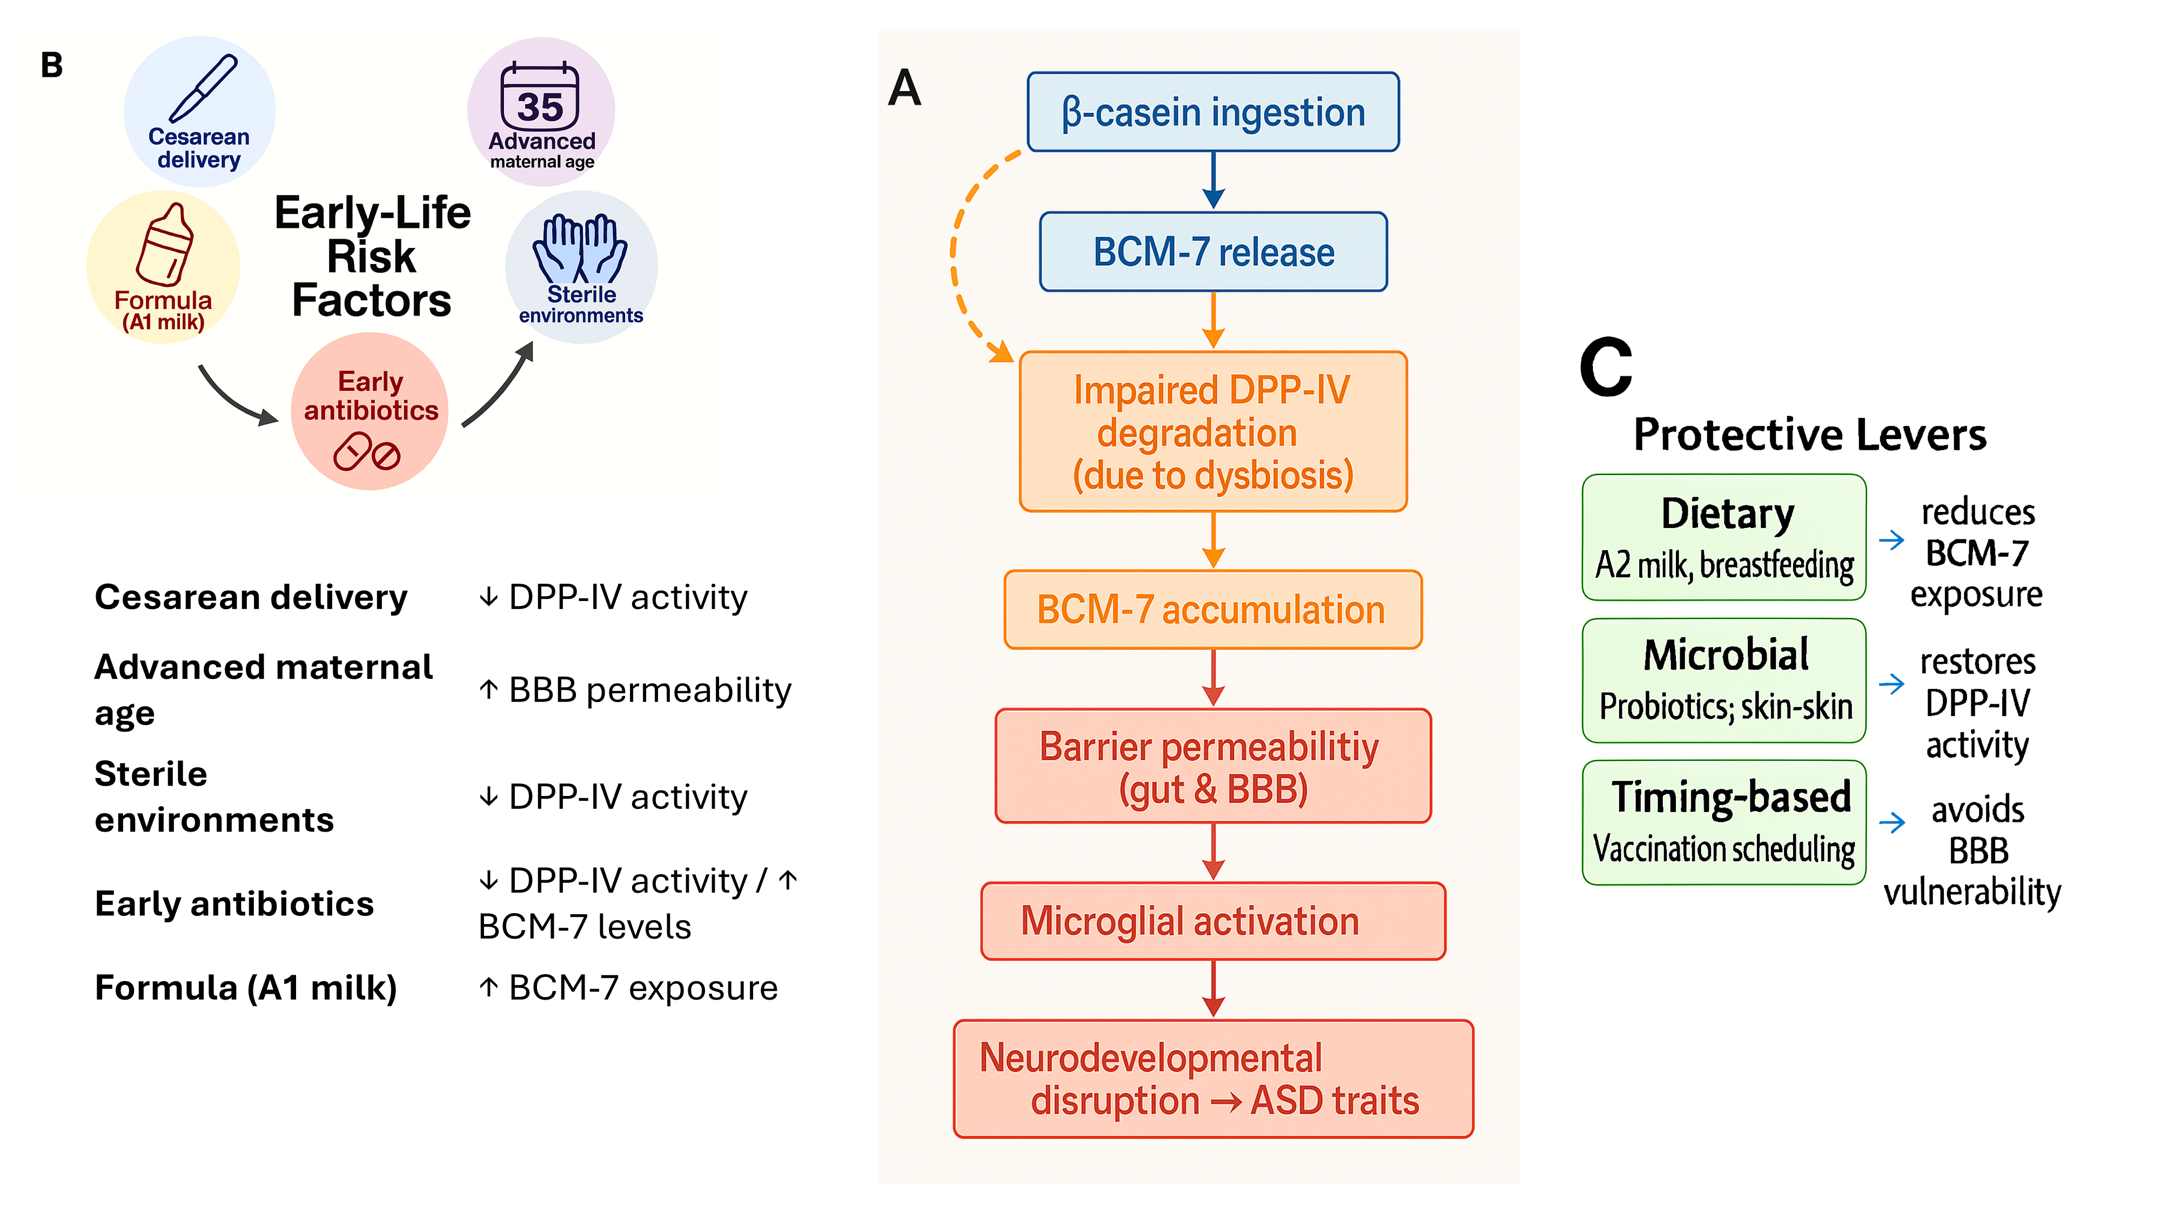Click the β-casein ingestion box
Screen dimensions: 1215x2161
coord(1212,112)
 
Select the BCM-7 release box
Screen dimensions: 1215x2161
coord(1212,252)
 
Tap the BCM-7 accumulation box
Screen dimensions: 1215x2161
coord(1212,610)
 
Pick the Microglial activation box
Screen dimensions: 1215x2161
coord(1212,921)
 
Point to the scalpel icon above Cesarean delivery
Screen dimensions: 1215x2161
coord(203,88)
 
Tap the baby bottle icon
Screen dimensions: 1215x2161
coord(165,245)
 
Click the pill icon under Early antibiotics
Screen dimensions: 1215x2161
coord(367,453)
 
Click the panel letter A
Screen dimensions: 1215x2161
coord(904,88)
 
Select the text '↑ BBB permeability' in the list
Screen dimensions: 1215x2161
coord(635,690)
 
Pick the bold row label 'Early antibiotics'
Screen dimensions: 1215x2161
coord(234,904)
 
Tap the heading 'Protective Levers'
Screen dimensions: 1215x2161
coord(1809,434)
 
